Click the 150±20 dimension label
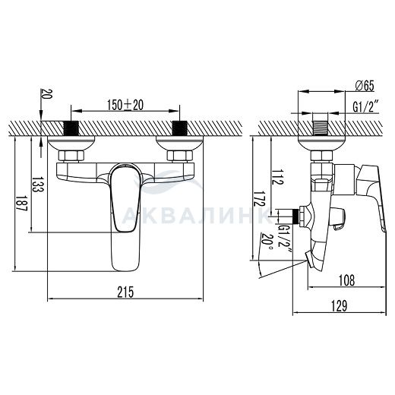(x=125, y=105)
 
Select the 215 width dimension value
(x=125, y=292)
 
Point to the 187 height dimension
(x=21, y=204)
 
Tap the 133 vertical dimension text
(x=38, y=184)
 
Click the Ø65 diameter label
(x=365, y=86)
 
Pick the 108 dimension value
(x=346, y=280)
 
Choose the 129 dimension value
(x=339, y=305)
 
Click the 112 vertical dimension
(x=278, y=176)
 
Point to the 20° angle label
(x=266, y=241)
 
